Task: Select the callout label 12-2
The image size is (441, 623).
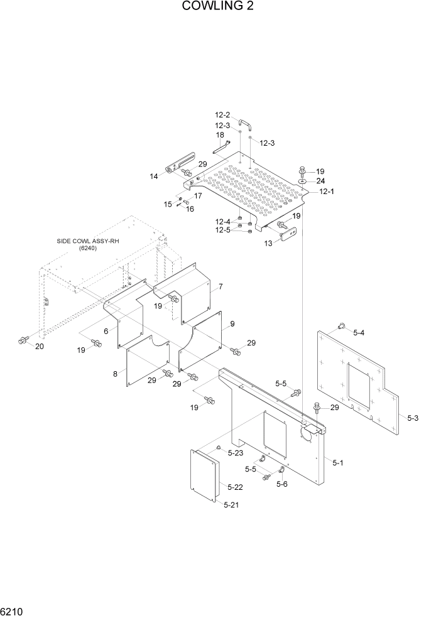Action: click(223, 115)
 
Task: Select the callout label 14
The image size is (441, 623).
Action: click(154, 176)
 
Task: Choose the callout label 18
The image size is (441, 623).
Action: click(220, 135)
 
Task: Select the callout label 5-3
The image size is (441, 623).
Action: click(413, 417)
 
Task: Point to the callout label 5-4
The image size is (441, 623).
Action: click(359, 332)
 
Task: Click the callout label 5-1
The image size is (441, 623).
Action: click(337, 463)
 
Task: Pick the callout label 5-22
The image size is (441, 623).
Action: click(235, 487)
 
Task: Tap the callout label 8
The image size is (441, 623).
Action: click(115, 374)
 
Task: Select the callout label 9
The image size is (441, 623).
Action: click(232, 324)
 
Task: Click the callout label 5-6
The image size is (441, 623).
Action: click(282, 484)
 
